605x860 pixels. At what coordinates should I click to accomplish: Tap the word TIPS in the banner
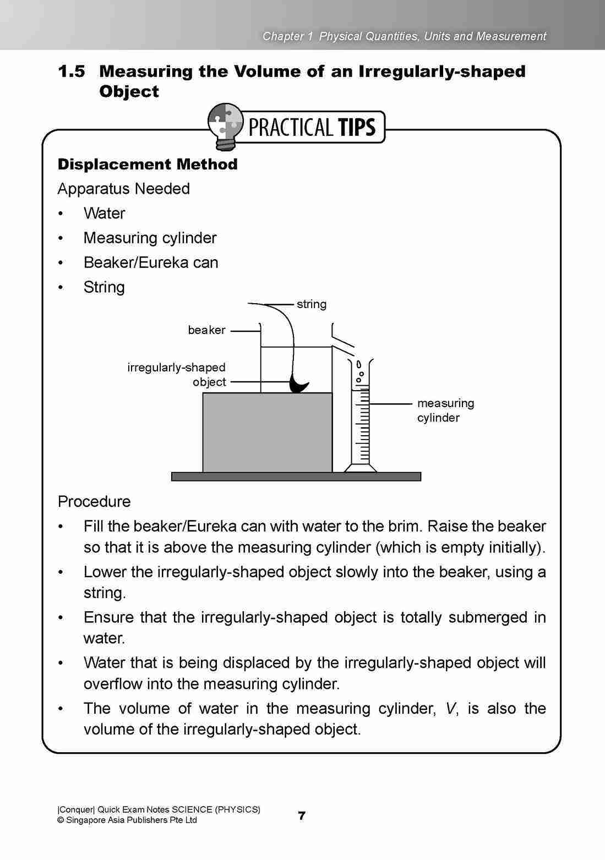[357, 127]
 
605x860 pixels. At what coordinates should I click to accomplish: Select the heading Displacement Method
[148, 164]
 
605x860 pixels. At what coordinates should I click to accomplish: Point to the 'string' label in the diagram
[312, 304]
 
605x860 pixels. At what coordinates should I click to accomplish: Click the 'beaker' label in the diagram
[206, 330]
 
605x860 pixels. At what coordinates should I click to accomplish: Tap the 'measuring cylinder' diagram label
[445, 410]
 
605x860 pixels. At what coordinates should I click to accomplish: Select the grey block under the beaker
[268, 432]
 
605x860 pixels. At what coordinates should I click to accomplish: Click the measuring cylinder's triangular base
[361, 468]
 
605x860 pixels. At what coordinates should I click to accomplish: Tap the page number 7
[302, 815]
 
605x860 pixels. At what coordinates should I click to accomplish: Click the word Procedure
[94, 502]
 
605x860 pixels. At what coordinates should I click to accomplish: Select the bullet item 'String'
[104, 287]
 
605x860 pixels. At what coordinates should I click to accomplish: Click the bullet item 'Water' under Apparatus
[104, 213]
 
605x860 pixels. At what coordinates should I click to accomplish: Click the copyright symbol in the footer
[61, 820]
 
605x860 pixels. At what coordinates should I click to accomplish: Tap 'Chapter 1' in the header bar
[287, 36]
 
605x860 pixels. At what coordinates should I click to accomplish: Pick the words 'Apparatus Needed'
[123, 189]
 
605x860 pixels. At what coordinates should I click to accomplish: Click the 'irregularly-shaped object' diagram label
[177, 374]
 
